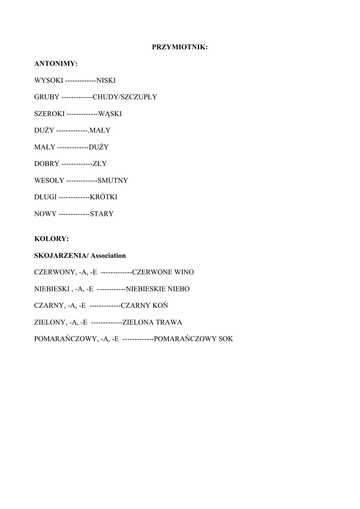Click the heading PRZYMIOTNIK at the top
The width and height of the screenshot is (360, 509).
(x=180, y=47)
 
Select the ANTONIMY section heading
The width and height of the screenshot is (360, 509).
(x=56, y=64)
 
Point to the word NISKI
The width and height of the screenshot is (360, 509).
(x=106, y=81)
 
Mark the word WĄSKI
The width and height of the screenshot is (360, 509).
(x=110, y=114)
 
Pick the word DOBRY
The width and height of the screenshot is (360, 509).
(x=47, y=164)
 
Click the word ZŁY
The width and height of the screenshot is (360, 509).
(x=100, y=164)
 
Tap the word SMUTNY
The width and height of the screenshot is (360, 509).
(x=113, y=180)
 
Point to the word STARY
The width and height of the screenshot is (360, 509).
(x=101, y=214)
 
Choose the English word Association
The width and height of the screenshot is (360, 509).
(x=108, y=255)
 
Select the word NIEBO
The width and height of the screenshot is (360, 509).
(x=178, y=289)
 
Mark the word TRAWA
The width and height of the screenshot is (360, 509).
(x=169, y=322)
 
